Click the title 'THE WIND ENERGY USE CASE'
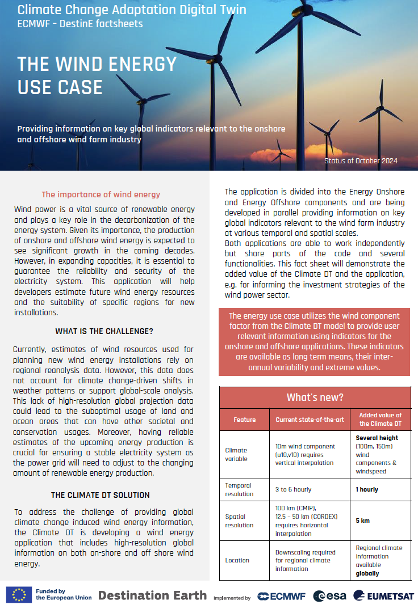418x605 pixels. [97, 75]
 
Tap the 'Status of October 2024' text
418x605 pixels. [361, 161]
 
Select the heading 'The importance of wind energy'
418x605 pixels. [101, 194]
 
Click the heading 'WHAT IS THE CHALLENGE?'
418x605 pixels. [104, 331]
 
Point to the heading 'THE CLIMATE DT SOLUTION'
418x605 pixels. [101, 495]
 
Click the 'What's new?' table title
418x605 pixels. [315, 397]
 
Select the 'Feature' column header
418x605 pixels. [244, 420]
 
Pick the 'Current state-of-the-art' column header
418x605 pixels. [310, 420]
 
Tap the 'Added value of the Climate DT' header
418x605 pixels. [380, 420]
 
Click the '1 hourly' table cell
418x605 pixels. [367, 489]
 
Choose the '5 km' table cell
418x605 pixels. [363, 521]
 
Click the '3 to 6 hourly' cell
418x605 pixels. [294, 489]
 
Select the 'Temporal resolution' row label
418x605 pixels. [239, 489]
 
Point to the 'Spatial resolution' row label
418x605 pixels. [239, 521]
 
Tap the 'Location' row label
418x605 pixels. [237, 560]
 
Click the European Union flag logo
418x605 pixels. [19, 594]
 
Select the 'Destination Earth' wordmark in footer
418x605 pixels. [152, 595]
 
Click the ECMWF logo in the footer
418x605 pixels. [281, 596]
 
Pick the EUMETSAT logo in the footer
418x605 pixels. [384, 596]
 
